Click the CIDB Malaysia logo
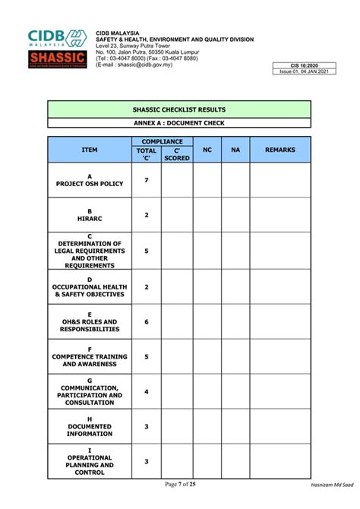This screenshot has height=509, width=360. click(x=58, y=38)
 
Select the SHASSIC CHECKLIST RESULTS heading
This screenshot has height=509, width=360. click(x=179, y=110)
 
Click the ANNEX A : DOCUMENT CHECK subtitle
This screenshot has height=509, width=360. click(x=179, y=123)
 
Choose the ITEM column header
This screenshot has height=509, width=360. click(x=90, y=150)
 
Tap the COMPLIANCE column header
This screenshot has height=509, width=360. click(x=162, y=141)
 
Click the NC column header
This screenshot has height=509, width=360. click(x=207, y=150)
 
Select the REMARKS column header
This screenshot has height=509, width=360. click(x=280, y=150)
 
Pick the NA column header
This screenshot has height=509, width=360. click(x=235, y=150)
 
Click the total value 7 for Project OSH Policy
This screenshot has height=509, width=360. click(x=147, y=180)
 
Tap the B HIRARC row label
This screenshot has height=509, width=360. click(x=90, y=215)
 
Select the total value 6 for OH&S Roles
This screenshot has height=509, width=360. click(x=147, y=321)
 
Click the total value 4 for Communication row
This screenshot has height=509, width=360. click(x=147, y=391)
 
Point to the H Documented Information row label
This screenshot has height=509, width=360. click(x=90, y=426)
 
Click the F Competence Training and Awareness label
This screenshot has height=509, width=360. click(x=90, y=356)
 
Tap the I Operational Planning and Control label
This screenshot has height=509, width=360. click(x=90, y=461)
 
